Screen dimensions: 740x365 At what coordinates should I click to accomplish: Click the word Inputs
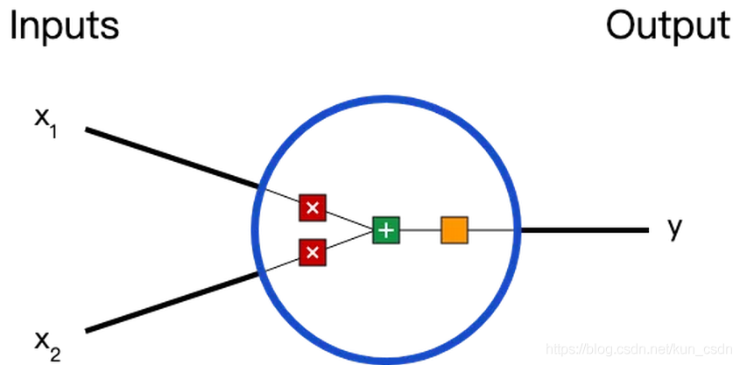point(64,26)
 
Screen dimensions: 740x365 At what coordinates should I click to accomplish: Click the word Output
point(668,26)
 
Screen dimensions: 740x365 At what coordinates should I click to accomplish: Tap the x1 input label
point(46,123)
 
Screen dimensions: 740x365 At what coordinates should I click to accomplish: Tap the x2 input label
point(47,345)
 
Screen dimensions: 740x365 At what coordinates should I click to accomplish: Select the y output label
point(675,228)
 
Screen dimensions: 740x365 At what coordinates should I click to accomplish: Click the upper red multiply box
point(312,207)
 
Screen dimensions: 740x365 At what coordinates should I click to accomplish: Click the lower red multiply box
point(312,252)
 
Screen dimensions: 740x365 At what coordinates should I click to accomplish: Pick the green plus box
point(386,230)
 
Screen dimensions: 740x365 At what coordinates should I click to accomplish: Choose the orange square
point(455,230)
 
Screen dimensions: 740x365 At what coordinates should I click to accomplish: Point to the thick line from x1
point(173,158)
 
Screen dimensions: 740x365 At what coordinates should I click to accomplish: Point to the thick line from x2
point(173,302)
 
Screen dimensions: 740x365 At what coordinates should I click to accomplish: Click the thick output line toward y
point(584,230)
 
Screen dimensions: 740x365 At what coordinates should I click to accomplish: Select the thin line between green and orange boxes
point(420,230)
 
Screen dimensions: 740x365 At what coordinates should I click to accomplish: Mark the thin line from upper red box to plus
point(349,221)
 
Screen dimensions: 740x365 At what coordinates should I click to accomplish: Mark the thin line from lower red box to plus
point(349,241)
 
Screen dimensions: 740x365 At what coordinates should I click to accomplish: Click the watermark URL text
point(641,349)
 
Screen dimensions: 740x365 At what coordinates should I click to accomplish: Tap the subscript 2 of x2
point(55,354)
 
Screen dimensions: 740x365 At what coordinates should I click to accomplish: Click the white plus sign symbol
point(386,230)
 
